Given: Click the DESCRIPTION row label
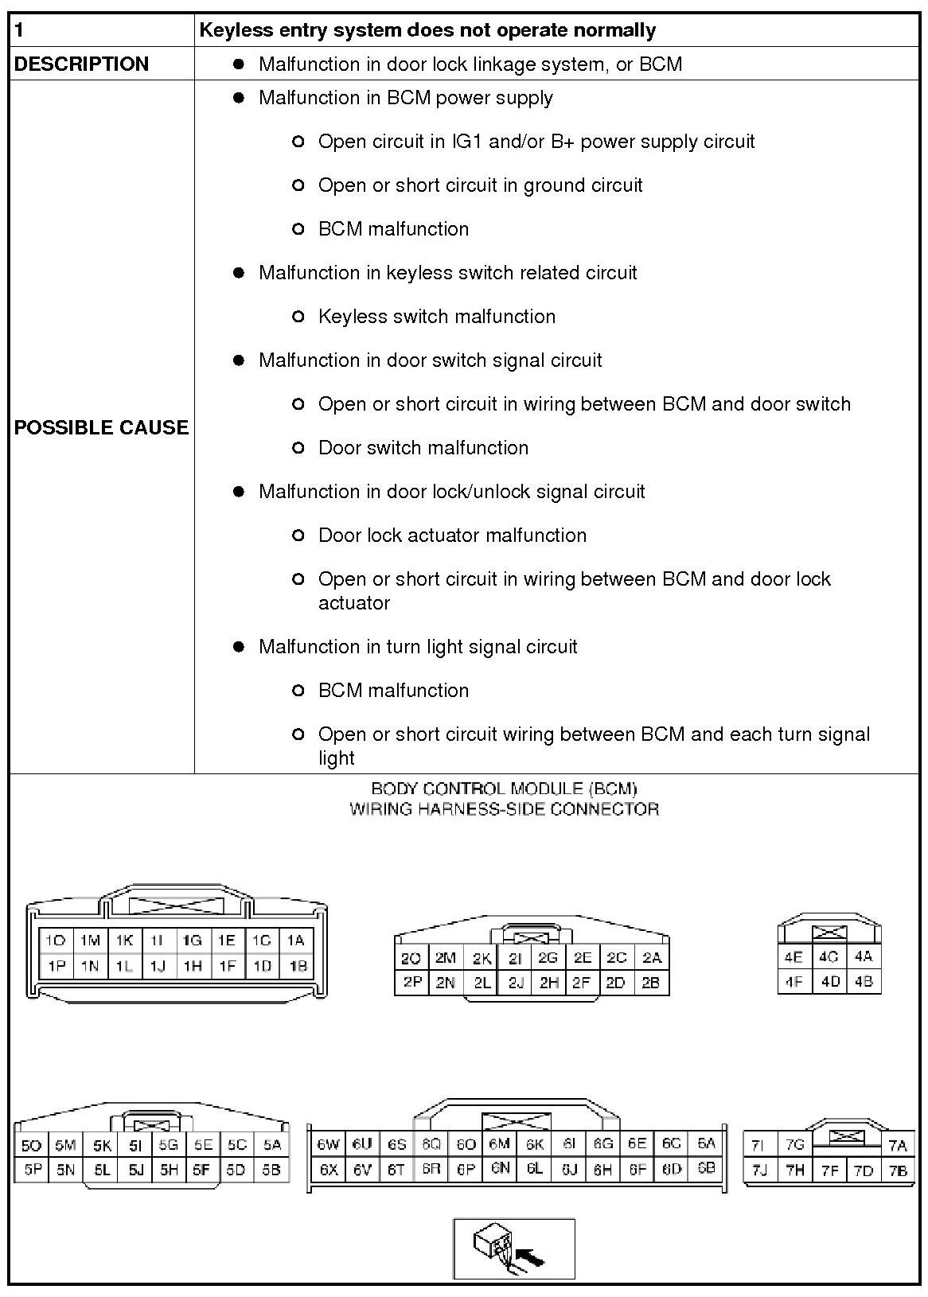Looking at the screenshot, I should [x=81, y=64].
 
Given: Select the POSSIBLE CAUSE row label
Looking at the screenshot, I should [x=101, y=427].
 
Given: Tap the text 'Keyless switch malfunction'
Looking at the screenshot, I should [x=436, y=317].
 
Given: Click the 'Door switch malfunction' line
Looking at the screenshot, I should [x=423, y=448].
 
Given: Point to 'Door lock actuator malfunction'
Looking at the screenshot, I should [x=452, y=536].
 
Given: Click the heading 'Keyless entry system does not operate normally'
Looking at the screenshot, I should [x=427, y=30].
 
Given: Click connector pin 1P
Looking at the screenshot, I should [x=56, y=966].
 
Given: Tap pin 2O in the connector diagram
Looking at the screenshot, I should [x=411, y=959].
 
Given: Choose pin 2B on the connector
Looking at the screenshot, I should [x=651, y=983].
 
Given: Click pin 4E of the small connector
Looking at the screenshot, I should [x=793, y=957].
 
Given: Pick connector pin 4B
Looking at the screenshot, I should [x=864, y=981].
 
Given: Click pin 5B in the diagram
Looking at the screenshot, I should [x=271, y=1170].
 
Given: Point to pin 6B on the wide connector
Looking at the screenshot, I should [x=706, y=1169].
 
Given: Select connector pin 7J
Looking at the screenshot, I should [x=759, y=1170].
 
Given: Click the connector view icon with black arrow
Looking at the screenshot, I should [x=514, y=1248].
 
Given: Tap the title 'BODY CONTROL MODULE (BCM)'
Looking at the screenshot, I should [x=504, y=789].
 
